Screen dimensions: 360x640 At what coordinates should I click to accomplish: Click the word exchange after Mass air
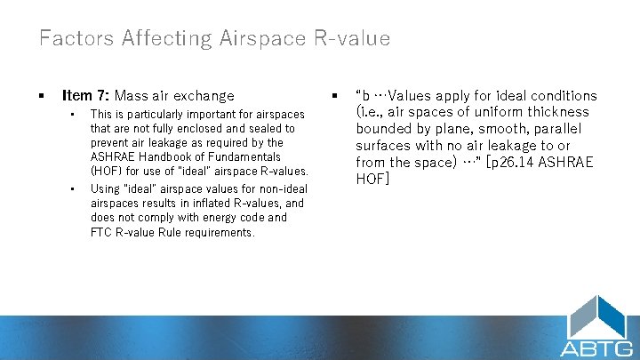point(205,96)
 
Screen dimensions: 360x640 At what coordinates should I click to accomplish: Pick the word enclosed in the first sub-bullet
point(232,128)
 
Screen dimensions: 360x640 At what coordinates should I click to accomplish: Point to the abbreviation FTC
point(101,232)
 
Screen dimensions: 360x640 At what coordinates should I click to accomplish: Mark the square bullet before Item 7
point(41,96)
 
